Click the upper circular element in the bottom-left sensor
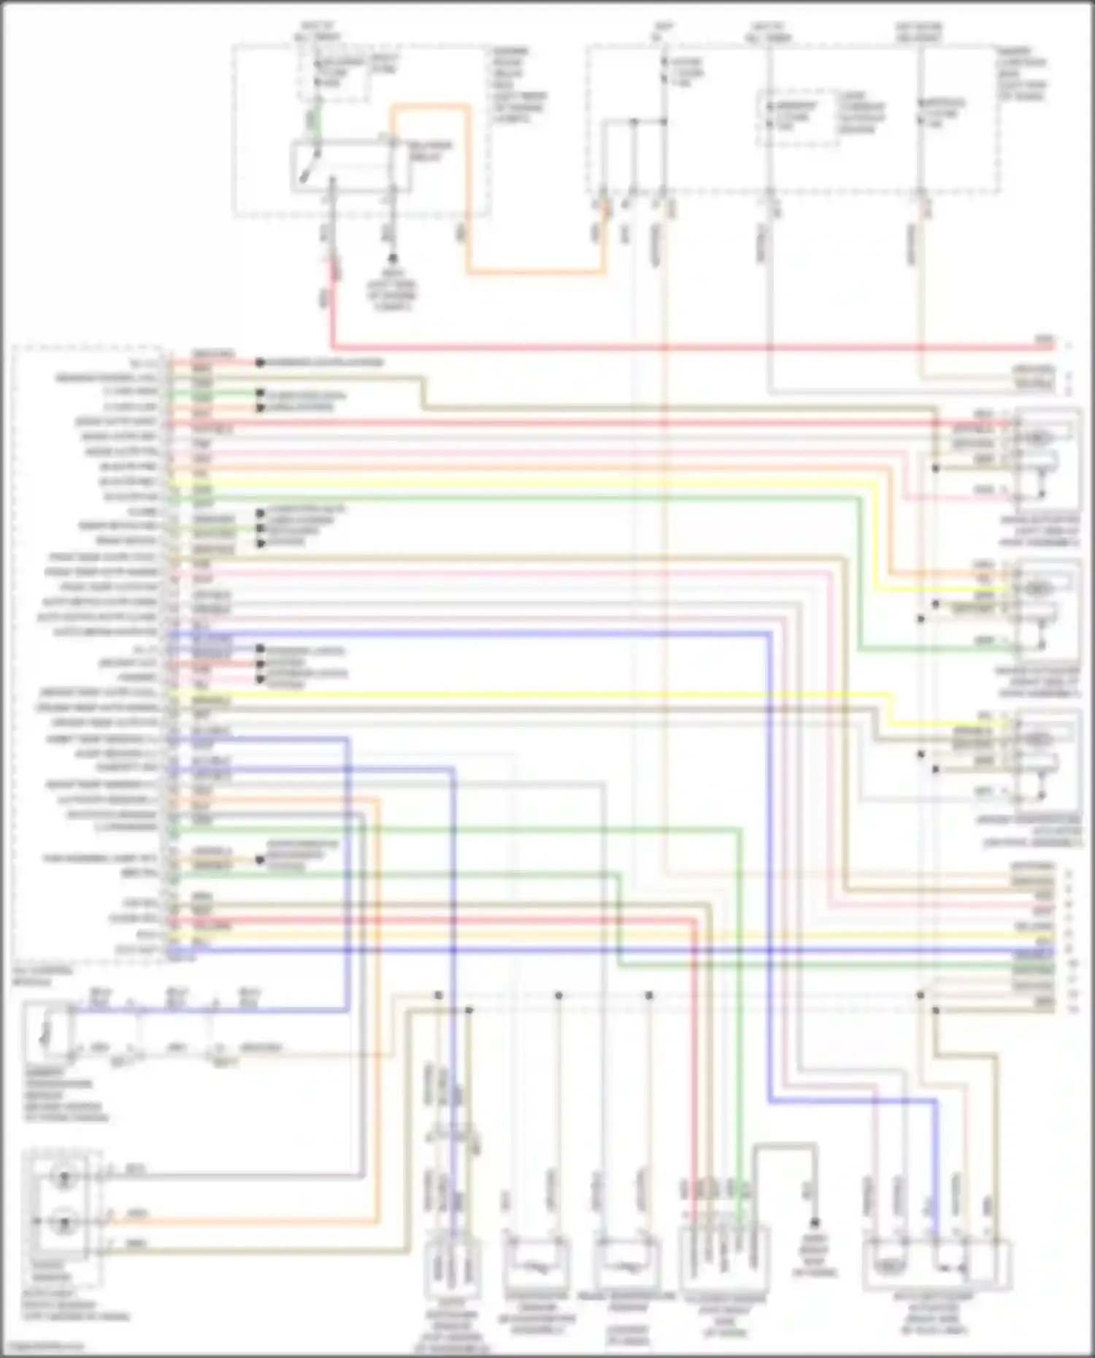(x=64, y=1176)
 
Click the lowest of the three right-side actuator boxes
(x=1047, y=759)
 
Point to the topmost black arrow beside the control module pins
(x=259, y=363)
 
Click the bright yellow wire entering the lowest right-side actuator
(x=949, y=724)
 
